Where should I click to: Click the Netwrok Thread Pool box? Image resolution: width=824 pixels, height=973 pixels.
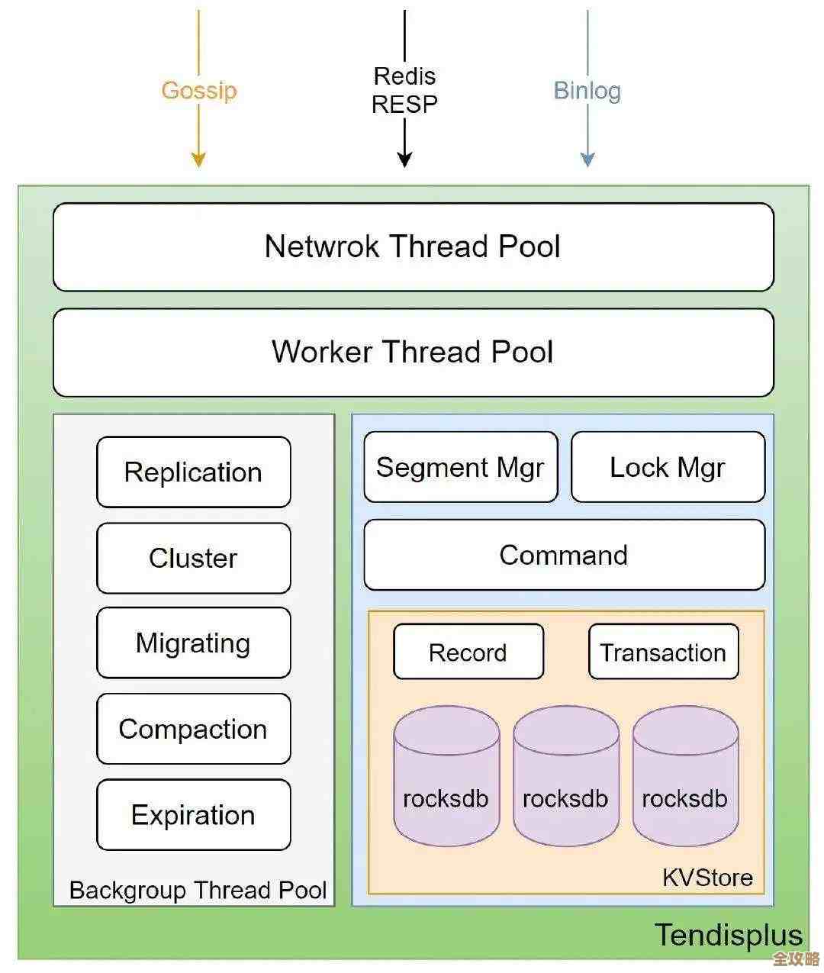coord(413,246)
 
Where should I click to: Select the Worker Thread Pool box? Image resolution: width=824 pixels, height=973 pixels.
coord(413,352)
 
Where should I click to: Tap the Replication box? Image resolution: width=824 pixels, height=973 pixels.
coord(193,472)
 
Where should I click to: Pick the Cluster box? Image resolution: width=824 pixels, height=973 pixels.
coord(193,558)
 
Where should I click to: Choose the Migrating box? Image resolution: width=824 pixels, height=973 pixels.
coord(193,643)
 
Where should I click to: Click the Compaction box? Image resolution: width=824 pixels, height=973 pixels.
coord(193,729)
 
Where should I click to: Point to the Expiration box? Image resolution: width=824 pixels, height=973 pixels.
coord(193,815)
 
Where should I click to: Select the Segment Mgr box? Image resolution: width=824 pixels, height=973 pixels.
coord(460,467)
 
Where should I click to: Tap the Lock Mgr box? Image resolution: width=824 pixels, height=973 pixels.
coord(668,467)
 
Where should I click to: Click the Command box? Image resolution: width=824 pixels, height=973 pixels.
coord(564,555)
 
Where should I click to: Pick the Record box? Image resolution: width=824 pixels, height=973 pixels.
coord(468,652)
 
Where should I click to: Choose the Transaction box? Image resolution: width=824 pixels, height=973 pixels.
coord(663,652)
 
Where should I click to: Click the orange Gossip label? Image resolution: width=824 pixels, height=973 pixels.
coord(199,90)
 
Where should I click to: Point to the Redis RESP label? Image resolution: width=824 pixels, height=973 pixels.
coord(404,90)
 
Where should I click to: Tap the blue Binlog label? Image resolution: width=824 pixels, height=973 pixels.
coord(587,90)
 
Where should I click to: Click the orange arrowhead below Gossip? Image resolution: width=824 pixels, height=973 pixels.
coord(198,159)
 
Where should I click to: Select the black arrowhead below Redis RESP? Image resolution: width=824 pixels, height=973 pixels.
coord(404,159)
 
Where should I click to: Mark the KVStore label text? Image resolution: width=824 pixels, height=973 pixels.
coord(707,878)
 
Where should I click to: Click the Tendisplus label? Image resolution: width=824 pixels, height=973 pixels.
coord(729,935)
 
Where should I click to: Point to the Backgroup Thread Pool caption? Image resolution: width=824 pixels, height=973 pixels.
coord(198,890)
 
